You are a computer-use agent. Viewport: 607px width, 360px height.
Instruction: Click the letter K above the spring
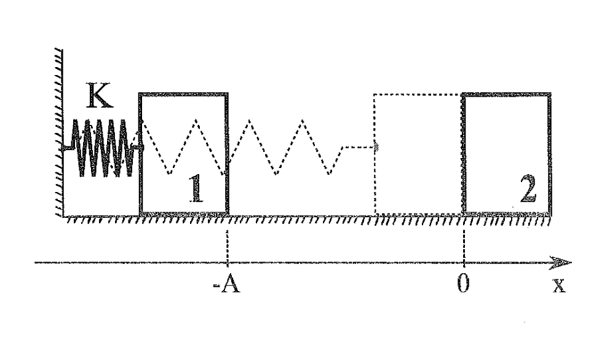[100, 95]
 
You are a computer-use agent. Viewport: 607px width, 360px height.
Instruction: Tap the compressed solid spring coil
[103, 148]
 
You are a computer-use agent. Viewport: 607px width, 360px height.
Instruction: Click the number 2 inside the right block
[528, 189]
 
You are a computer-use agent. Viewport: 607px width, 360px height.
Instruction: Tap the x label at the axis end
[559, 286]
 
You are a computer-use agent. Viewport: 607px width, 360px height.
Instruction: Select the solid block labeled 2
[507, 153]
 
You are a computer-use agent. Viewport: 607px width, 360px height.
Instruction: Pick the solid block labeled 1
[183, 153]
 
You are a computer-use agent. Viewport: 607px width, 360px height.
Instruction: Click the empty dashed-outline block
[418, 153]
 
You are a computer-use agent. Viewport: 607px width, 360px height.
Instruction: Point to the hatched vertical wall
[59, 132]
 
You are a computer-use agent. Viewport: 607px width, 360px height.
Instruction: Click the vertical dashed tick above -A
[227, 247]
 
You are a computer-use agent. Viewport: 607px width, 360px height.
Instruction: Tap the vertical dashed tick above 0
[464, 247]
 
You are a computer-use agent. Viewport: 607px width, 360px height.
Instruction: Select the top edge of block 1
[183, 94]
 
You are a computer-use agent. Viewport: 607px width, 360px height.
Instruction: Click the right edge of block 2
[550, 153]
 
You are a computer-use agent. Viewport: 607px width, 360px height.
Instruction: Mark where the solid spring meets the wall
[63, 148]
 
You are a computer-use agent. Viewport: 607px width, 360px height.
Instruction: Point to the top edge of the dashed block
[418, 94]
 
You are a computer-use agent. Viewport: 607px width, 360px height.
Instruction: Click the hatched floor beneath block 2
[507, 220]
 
